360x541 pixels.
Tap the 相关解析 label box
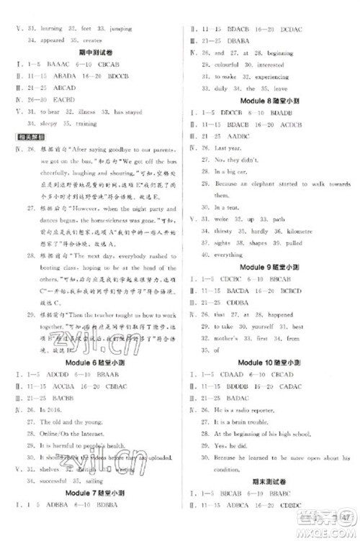(27, 136)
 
